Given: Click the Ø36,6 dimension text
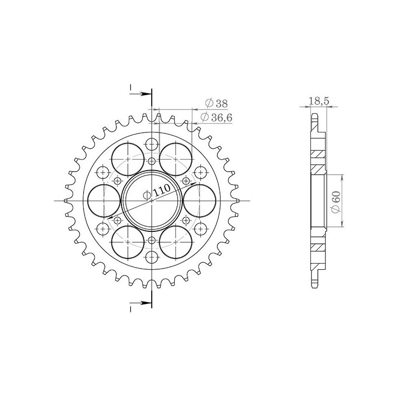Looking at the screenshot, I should (216, 117).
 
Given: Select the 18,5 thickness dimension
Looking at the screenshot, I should (318, 101).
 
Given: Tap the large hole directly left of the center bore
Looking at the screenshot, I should (104, 200).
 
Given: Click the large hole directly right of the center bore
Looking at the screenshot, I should (199, 200).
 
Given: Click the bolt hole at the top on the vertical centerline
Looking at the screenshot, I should (152, 144).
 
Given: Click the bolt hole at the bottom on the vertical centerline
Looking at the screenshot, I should (152, 257).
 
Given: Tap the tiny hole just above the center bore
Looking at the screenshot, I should (152, 161).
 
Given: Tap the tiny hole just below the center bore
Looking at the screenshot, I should (152, 240).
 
